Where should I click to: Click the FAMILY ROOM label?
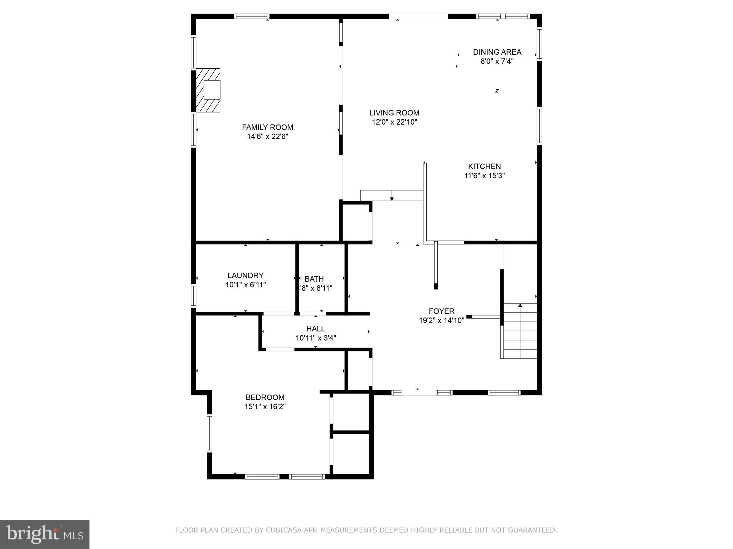click(x=267, y=127)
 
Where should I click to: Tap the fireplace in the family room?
click(x=208, y=90)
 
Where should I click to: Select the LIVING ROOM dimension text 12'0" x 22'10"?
click(x=394, y=122)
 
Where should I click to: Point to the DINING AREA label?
click(x=497, y=52)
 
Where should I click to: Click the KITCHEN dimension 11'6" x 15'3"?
click(x=484, y=175)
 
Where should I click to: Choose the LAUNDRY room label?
click(x=245, y=276)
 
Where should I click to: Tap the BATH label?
click(x=314, y=279)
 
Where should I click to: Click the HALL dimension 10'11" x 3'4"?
click(x=316, y=338)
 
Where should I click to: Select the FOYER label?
click(x=441, y=311)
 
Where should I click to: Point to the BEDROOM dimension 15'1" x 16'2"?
click(x=265, y=406)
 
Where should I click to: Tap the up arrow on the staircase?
click(x=520, y=306)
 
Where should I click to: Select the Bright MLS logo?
click(x=45, y=534)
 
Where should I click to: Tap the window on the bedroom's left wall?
click(x=210, y=433)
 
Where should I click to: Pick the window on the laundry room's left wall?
click(x=194, y=296)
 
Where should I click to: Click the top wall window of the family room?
click(x=252, y=16)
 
